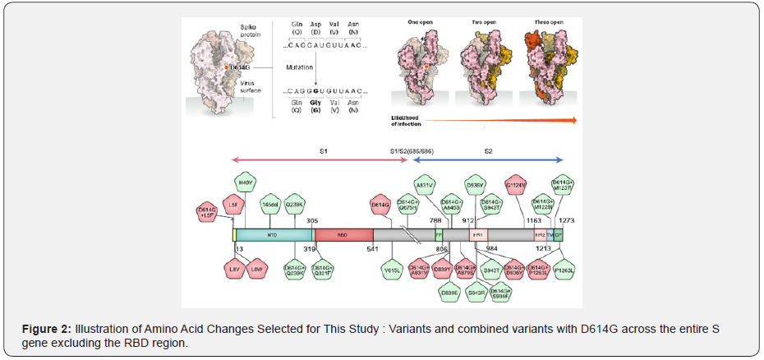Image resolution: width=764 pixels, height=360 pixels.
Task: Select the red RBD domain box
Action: [x=343, y=234]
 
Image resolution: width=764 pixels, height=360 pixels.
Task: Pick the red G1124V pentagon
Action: [x=516, y=186]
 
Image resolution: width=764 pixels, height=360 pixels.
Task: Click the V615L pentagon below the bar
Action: [x=391, y=268]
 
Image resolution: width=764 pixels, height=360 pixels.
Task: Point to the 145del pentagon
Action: [x=271, y=205]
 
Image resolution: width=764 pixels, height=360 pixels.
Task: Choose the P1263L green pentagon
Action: [x=564, y=269]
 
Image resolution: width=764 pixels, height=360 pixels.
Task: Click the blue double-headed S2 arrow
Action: [x=488, y=159]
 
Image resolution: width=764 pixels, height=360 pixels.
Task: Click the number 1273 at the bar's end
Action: [x=565, y=220]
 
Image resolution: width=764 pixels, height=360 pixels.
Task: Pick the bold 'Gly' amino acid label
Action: [x=313, y=102]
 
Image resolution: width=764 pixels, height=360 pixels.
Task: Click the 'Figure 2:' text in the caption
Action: [x=48, y=329]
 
